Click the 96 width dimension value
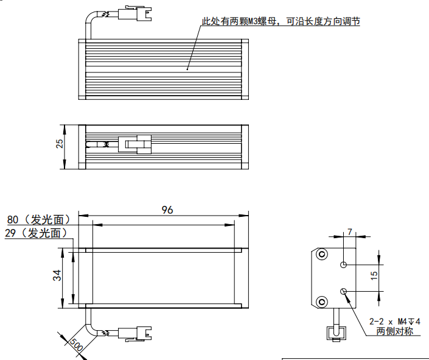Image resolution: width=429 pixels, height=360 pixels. pyautogui.click(x=167, y=210)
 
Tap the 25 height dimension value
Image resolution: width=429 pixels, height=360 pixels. pyautogui.click(x=60, y=144)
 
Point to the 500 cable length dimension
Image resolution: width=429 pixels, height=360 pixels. pyautogui.click(x=75, y=344)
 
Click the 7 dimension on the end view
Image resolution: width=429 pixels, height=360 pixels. pyautogui.click(x=349, y=231)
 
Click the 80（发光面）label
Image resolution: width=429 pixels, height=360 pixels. pyautogui.click(x=39, y=219)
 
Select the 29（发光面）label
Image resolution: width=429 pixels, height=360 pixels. pyautogui.click(x=35, y=233)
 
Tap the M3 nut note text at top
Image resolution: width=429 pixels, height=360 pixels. pyautogui.click(x=281, y=22)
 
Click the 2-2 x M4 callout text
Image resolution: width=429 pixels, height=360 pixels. pyautogui.click(x=396, y=321)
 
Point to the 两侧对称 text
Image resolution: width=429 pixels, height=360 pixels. pyautogui.click(x=394, y=331)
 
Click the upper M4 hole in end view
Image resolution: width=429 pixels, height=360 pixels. pyautogui.click(x=344, y=265)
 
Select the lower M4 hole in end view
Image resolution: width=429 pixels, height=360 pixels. pyautogui.click(x=344, y=292)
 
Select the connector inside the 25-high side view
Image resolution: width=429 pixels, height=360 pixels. pyautogui.click(x=134, y=144)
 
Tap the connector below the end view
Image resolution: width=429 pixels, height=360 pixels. pyautogui.click(x=334, y=333)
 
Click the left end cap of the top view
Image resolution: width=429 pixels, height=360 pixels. pyautogui.click(x=82, y=69)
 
